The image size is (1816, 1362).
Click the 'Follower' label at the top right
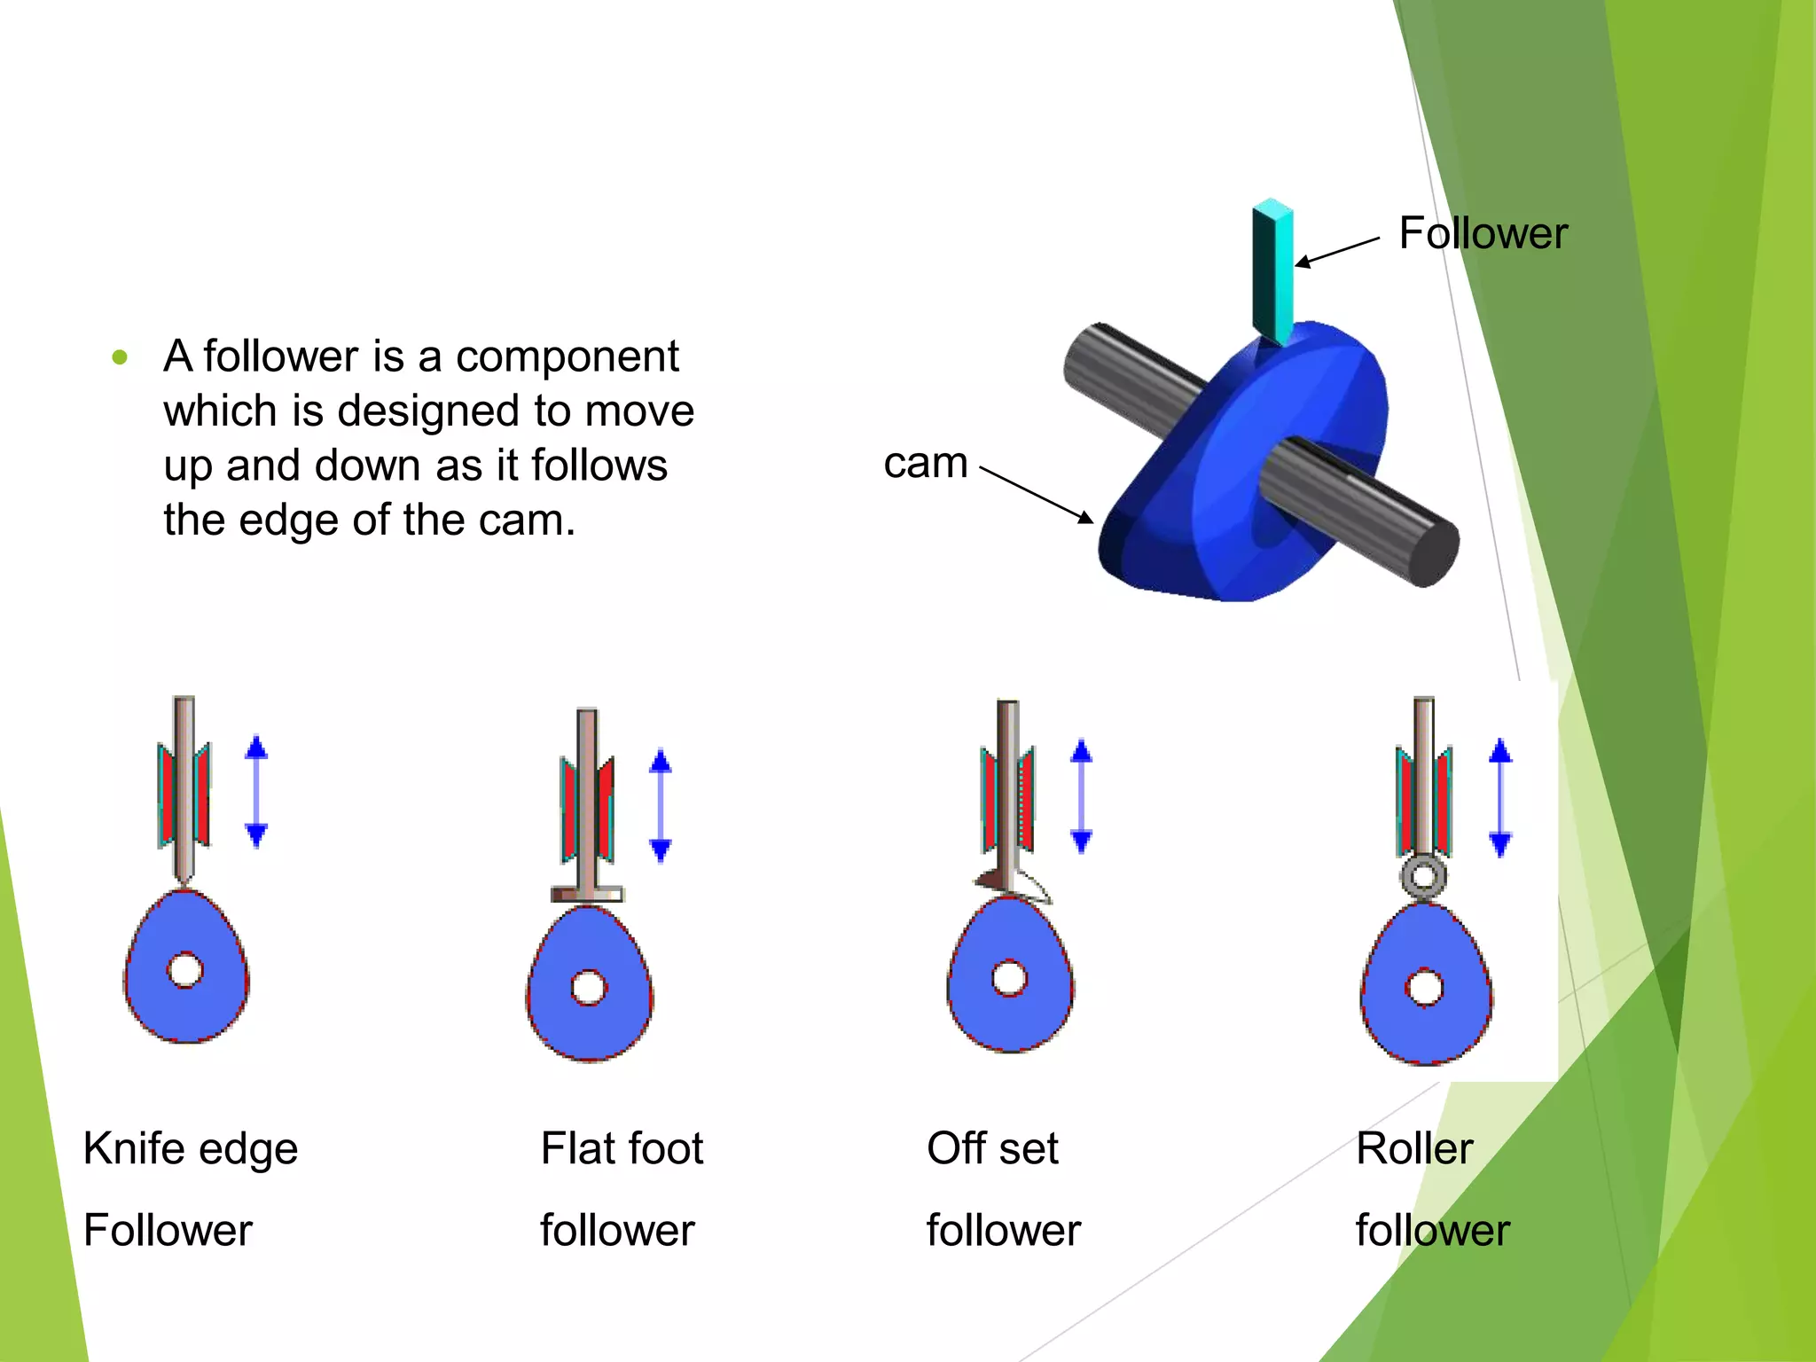pyautogui.click(x=1482, y=233)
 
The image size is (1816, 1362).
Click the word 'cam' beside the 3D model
pyautogui.click(x=925, y=462)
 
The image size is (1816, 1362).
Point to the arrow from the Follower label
pyautogui.click(x=1337, y=252)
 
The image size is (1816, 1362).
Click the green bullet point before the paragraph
pyautogui.click(x=121, y=358)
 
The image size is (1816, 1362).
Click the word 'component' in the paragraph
pyautogui.click(x=567, y=356)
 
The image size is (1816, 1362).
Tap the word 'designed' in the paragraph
pyautogui.click(x=429, y=411)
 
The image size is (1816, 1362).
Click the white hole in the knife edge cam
pyautogui.click(x=185, y=970)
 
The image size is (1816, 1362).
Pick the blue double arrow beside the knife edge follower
pyautogui.click(x=256, y=791)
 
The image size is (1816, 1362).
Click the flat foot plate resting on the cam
pyautogui.click(x=587, y=894)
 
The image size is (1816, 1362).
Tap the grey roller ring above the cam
pyautogui.click(x=1423, y=876)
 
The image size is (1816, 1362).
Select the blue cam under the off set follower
pyautogui.click(x=1011, y=1011)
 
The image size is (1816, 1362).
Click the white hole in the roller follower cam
pyautogui.click(x=1425, y=987)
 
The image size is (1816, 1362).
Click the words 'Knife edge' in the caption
pyautogui.click(x=190, y=1149)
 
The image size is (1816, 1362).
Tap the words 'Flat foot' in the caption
pyautogui.click(x=622, y=1149)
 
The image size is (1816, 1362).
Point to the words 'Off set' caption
pyautogui.click(x=992, y=1149)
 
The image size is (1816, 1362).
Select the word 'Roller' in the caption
pyautogui.click(x=1413, y=1149)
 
